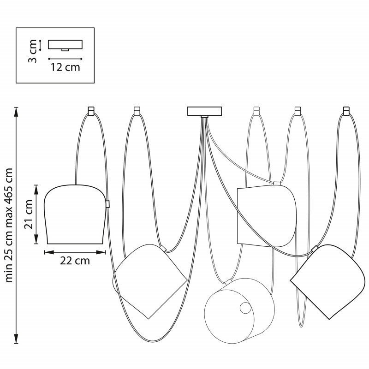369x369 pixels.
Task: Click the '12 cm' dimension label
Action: [x=65, y=67]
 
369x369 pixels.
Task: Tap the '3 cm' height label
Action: [x=32, y=51]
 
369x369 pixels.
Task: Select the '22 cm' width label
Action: [x=75, y=261]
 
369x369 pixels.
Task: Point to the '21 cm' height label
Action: [x=29, y=214]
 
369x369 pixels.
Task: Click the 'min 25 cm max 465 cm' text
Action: [x=9, y=225]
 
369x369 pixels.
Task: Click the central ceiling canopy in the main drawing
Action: [x=204, y=111]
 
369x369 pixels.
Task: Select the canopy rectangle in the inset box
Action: [x=65, y=44]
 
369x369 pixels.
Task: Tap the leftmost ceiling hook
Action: [x=91, y=111]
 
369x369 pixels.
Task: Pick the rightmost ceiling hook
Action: [x=346, y=111]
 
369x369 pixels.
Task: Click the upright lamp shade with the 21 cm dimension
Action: [x=75, y=214]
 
